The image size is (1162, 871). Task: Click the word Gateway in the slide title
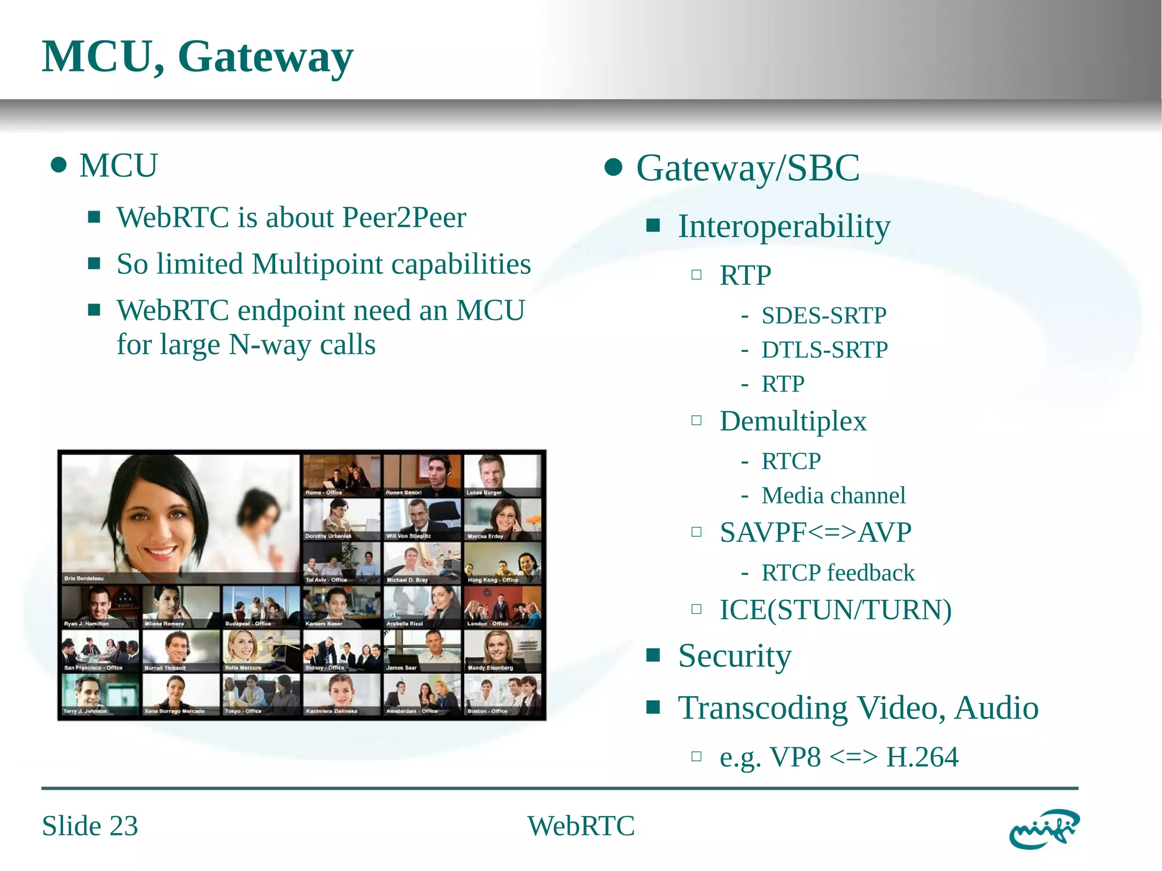point(266,57)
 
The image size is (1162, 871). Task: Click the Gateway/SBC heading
point(748,168)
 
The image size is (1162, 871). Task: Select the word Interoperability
point(784,226)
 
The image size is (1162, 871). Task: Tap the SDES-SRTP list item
point(824,315)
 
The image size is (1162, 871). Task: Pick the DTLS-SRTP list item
point(824,350)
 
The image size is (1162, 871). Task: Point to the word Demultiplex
point(793,421)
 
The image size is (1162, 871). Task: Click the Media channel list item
point(833,495)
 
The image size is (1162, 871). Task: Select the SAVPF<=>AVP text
point(815,532)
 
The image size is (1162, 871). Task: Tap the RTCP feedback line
point(838,573)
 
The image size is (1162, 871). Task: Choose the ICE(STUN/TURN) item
point(836,610)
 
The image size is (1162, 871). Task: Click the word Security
point(735,656)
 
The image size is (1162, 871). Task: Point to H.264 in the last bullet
point(923,757)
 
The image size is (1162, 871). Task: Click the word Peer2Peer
point(405,217)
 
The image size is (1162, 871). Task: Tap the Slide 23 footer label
point(90,826)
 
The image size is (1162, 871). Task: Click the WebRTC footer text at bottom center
point(581,826)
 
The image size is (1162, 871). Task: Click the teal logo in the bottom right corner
point(1044,828)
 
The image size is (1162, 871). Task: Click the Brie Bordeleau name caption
point(84,578)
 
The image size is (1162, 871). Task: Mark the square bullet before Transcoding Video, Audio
point(653,707)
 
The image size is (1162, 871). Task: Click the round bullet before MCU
point(58,166)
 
